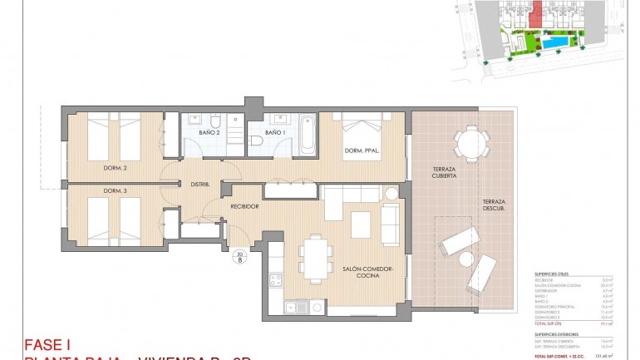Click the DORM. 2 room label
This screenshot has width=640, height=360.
(x=115, y=169)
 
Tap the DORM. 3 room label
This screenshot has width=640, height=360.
(x=115, y=191)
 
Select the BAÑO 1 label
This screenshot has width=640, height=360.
(x=275, y=132)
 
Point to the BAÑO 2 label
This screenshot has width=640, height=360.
(x=209, y=132)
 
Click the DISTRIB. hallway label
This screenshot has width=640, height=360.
(x=199, y=184)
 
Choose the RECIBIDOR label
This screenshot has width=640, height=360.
(x=245, y=206)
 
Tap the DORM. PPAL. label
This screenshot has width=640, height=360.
(x=362, y=151)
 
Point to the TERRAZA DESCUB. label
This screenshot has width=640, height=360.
(x=493, y=206)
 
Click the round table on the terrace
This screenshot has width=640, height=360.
(x=471, y=141)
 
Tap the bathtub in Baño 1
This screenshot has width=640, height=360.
(x=308, y=133)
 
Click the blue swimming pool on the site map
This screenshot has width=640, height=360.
(x=554, y=39)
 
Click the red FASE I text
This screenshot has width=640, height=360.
(x=48, y=344)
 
